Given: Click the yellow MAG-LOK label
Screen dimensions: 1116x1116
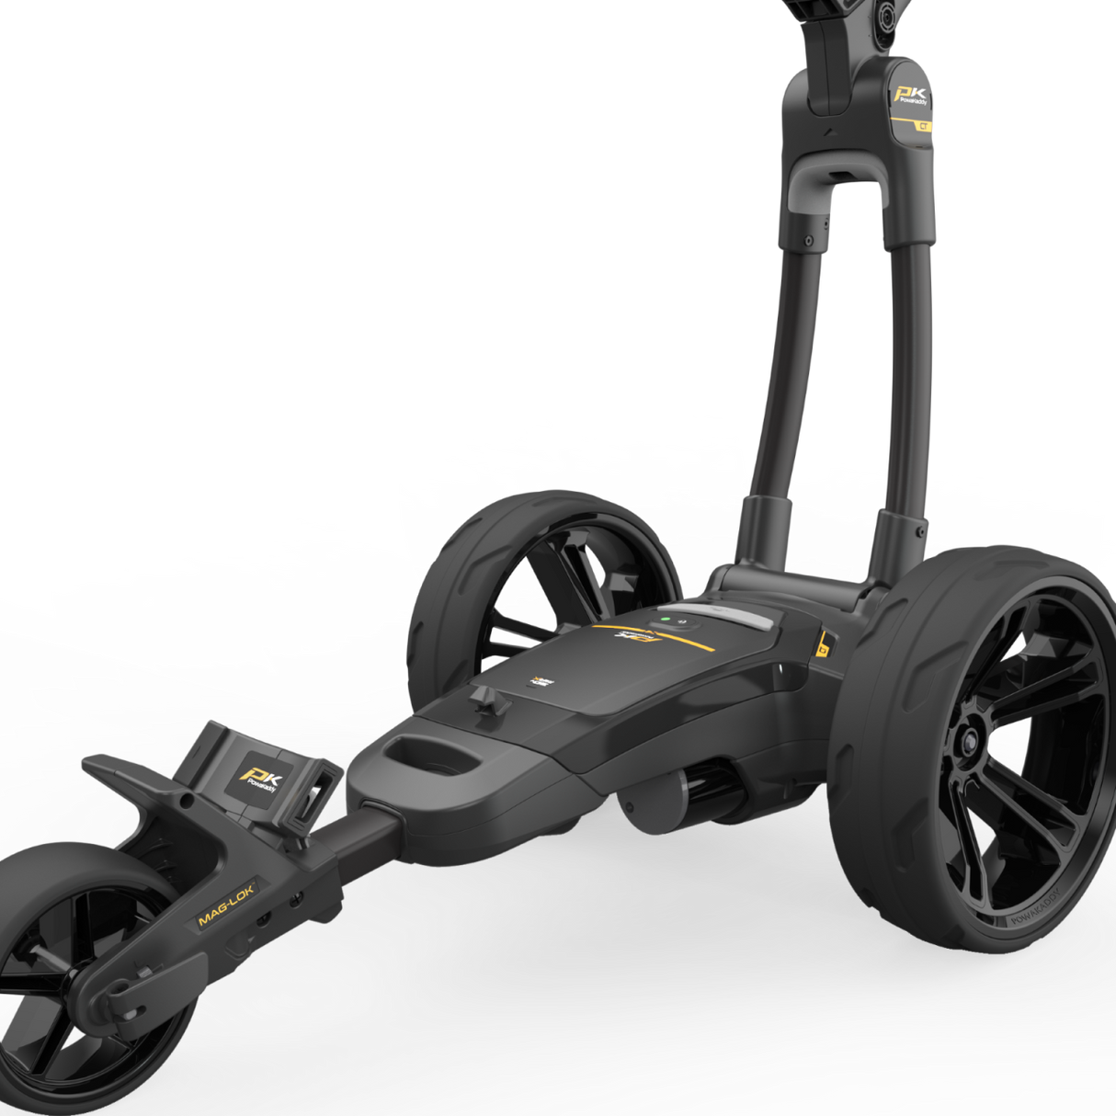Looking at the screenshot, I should pyautogui.click(x=226, y=904).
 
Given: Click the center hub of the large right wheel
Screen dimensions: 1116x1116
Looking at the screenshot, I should pyautogui.click(x=968, y=743).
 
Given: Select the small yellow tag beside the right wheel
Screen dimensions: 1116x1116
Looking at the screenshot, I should pyautogui.click(x=822, y=644).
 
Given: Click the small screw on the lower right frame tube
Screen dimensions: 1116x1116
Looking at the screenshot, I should pyautogui.click(x=918, y=530).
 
